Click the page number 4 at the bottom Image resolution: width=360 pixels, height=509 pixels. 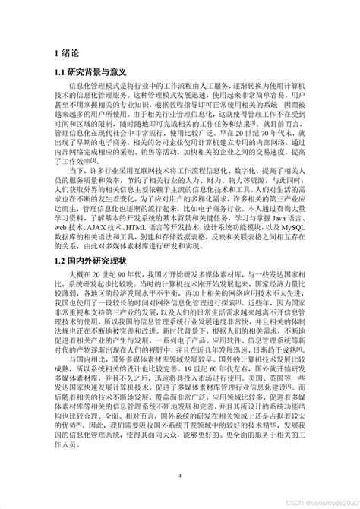pos(179,476)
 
